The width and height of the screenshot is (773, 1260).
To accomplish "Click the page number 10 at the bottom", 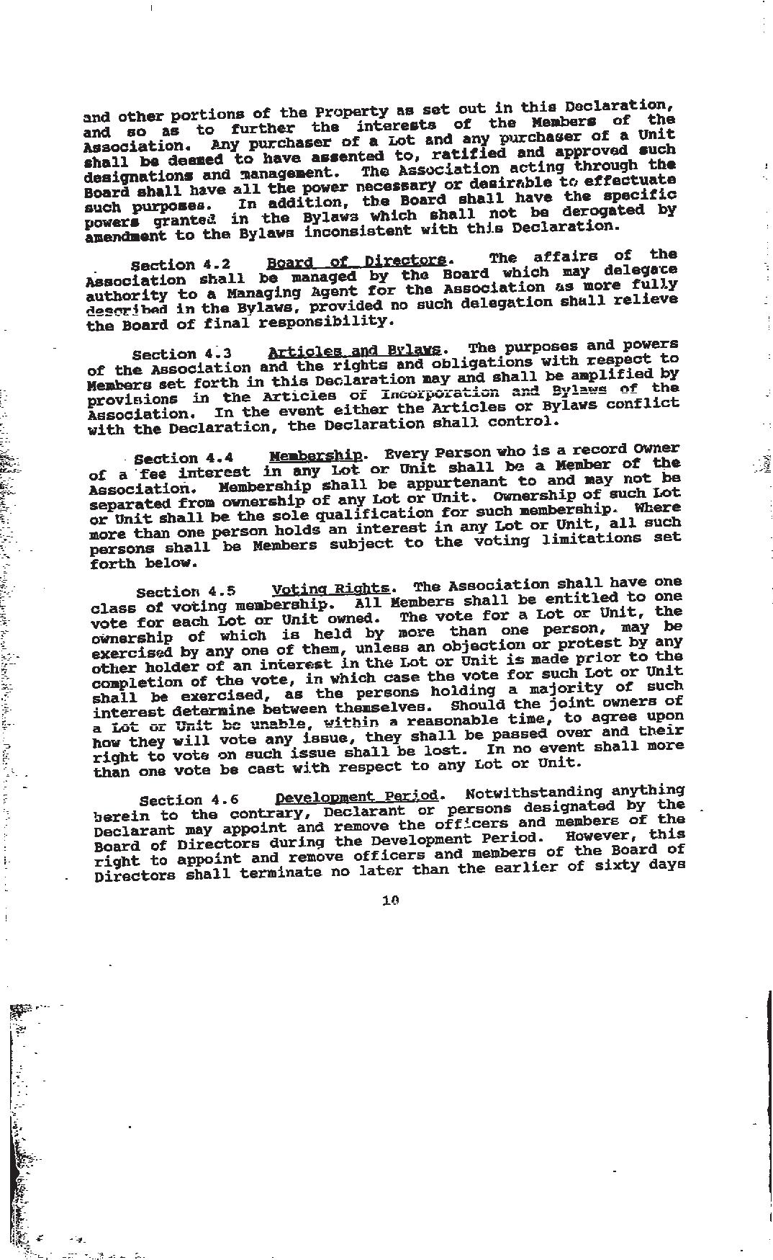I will click(391, 900).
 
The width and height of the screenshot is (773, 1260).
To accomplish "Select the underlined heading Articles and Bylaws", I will click(354, 351).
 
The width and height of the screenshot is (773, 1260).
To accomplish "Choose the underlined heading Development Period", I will click(356, 796).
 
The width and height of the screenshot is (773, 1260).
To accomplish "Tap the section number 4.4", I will click(219, 458).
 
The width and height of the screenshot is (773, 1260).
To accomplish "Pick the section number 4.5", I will click(221, 591).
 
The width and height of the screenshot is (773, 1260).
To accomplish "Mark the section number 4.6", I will click(224, 800).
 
